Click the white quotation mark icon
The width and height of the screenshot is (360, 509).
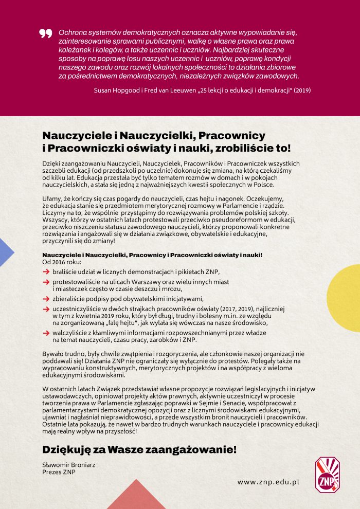[x=46, y=33]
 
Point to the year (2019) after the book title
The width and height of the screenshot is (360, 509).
[x=302, y=89]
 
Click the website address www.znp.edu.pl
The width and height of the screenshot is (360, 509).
[x=268, y=482]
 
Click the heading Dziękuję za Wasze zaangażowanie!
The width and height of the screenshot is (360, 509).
[x=139, y=449]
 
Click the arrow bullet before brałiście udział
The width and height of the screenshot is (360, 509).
[x=46, y=271]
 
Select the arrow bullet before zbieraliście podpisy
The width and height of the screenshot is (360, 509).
[x=46, y=298]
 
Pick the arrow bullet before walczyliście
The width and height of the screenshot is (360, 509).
[x=46, y=333]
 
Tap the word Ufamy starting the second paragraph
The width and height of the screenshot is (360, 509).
[x=52, y=198]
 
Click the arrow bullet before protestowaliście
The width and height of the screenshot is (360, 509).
[x=46, y=282]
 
